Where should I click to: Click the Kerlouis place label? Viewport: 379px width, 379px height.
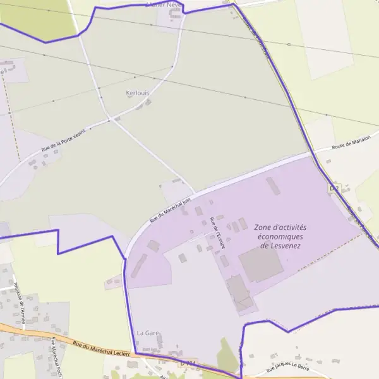point(138,93)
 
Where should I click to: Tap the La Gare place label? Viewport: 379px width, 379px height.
point(147,332)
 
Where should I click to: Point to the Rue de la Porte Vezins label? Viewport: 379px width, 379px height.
point(63,140)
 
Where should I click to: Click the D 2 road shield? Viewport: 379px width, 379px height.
point(334,188)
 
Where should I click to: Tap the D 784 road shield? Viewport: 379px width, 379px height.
point(188,363)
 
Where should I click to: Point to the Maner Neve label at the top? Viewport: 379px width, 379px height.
point(163,4)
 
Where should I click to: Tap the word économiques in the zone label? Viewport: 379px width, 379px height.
point(280,236)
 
